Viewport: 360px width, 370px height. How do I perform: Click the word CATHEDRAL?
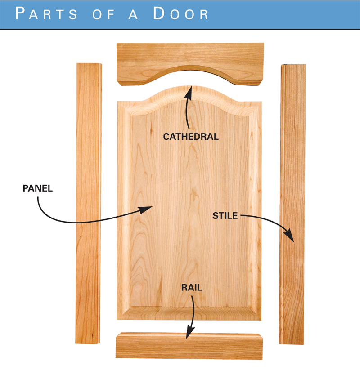[x=191, y=137]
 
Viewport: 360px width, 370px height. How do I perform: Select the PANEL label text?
[x=38, y=189]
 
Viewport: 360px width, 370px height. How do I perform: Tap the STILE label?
[x=225, y=216]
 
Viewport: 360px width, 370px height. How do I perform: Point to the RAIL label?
[x=191, y=288]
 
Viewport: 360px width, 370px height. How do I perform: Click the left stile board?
[x=88, y=202]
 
